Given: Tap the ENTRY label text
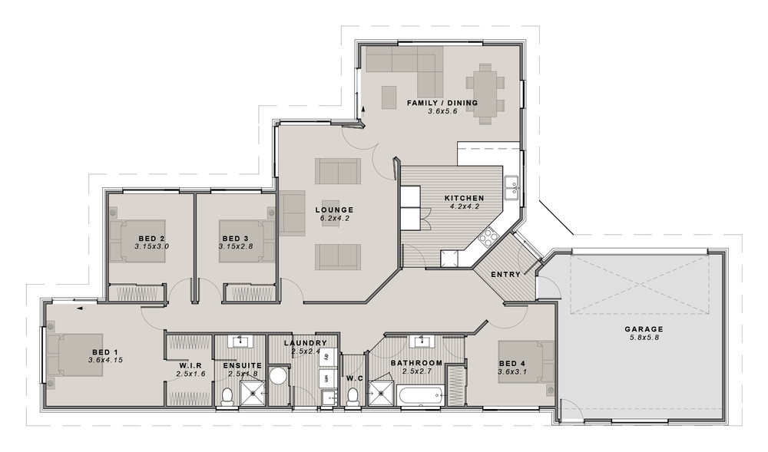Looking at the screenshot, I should coord(505,274).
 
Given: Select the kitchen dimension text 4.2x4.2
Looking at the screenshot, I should coord(464,206).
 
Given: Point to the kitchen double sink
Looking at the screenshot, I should coord(511,185).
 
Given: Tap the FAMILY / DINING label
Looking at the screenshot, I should coord(442,103).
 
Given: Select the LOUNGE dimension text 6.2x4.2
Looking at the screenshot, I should coord(335,218).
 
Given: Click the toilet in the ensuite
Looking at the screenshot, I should coord(227,396).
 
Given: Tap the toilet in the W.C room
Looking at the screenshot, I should coord(353,395).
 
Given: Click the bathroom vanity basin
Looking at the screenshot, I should coord(420,341).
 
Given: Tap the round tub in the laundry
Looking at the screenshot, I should coord(278,377).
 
